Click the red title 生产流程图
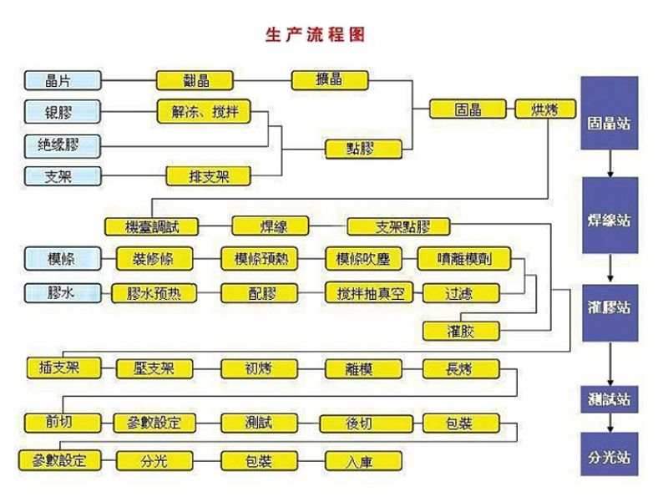coord(315,35)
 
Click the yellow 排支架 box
coord(208,175)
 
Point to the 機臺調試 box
coord(152,226)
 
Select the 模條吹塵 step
coord(362,259)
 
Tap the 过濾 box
coord(461,293)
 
